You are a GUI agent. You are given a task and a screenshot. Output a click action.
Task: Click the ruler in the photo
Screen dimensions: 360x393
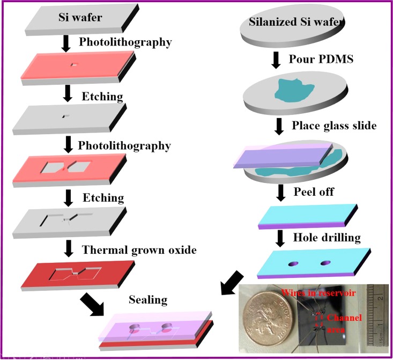point(382,317)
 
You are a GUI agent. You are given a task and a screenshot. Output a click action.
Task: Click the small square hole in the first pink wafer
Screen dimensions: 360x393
point(74,65)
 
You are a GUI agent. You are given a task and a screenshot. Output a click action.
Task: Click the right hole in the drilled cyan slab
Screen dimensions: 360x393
point(325,263)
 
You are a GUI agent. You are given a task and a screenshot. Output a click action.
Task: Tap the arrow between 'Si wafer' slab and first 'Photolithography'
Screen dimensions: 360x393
point(66,43)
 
